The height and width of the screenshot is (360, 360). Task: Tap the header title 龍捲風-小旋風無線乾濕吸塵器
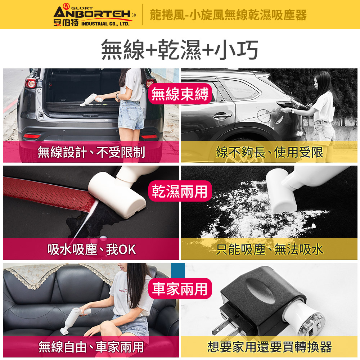click(228, 15)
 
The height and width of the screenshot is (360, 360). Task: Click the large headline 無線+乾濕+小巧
click(180, 49)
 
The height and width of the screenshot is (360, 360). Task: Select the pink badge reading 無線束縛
click(180, 94)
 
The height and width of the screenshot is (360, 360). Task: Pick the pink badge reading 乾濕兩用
click(180, 191)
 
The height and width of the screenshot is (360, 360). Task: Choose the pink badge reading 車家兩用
click(180, 288)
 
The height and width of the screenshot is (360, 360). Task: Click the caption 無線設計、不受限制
click(91, 152)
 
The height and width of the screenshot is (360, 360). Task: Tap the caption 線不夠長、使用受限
click(269, 152)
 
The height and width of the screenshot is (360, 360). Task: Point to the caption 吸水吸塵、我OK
click(91, 249)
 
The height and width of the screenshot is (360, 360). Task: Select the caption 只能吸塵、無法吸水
click(269, 249)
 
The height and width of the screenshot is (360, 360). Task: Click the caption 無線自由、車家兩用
click(91, 347)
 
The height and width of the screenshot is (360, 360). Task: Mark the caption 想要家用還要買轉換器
click(269, 347)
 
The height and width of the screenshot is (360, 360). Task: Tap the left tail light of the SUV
click(31, 83)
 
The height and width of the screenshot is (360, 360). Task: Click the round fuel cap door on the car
click(264, 116)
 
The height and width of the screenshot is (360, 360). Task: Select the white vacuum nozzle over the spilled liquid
click(117, 197)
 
